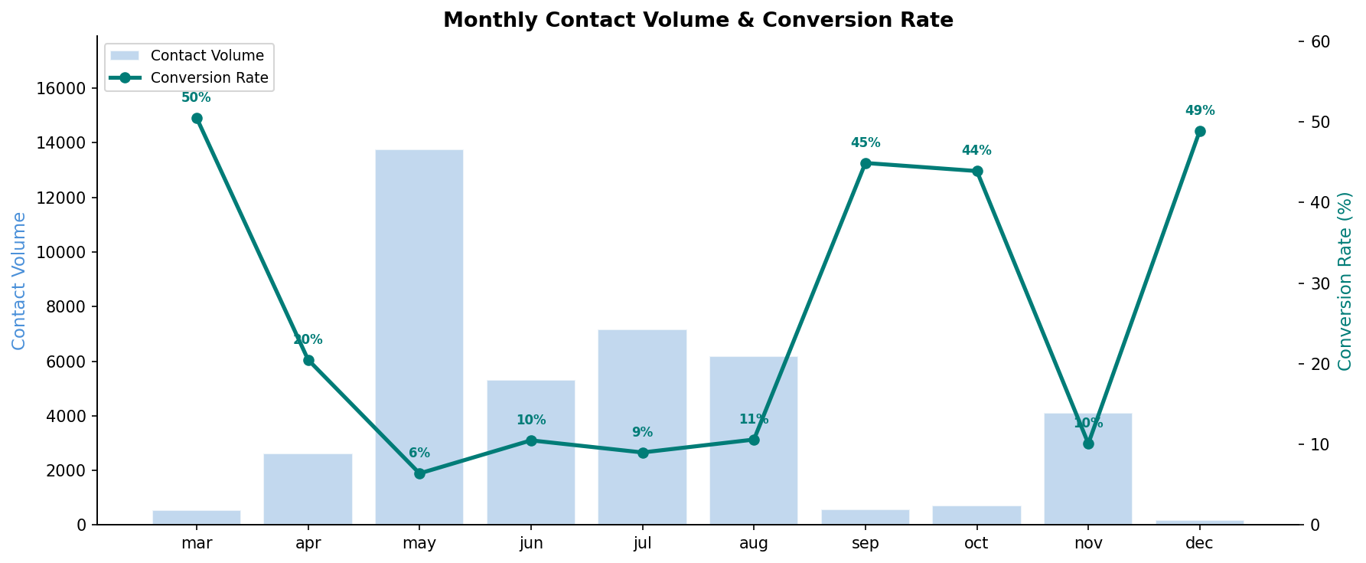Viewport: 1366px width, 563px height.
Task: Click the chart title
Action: (698, 20)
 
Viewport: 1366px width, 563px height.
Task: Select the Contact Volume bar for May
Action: (419, 337)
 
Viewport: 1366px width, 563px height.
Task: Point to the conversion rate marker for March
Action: (197, 119)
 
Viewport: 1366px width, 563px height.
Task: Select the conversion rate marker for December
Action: (1200, 132)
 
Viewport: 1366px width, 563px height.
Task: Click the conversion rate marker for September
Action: (866, 163)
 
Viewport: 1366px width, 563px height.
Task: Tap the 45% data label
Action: (866, 143)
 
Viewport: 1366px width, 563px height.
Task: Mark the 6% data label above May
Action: (419, 453)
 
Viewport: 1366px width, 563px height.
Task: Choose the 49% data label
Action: (1200, 111)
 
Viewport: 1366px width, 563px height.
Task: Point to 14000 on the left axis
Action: (61, 143)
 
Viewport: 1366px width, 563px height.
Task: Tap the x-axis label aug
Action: (754, 544)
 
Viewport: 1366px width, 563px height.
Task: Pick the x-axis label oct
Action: (976, 544)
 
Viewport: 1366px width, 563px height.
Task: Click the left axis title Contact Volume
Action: (20, 281)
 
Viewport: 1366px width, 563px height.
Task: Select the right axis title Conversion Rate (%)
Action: (1345, 281)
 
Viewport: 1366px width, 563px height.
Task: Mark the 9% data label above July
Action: (642, 433)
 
